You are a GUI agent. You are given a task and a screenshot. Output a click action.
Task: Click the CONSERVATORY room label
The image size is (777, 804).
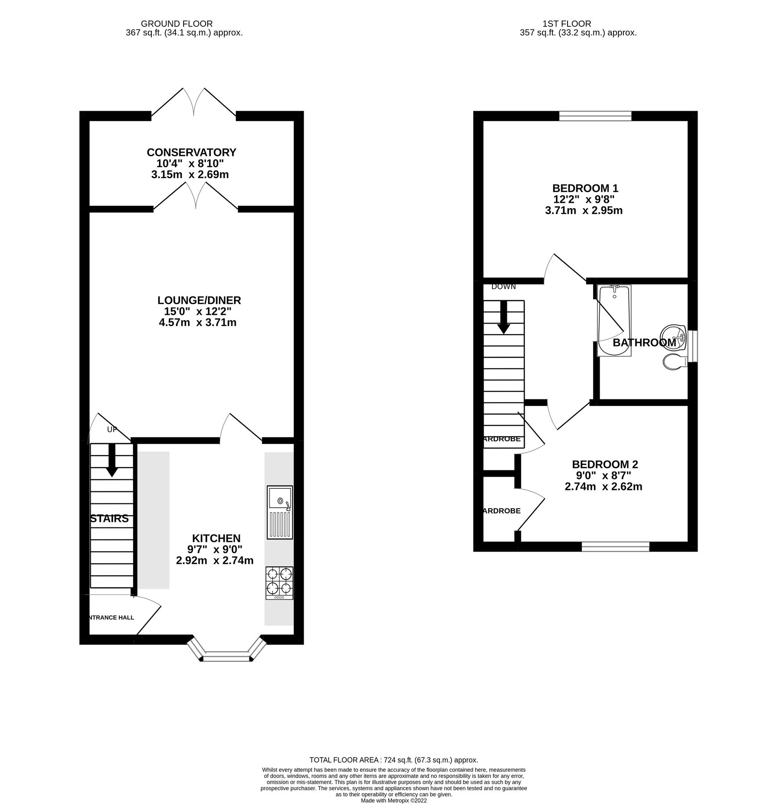[x=191, y=152]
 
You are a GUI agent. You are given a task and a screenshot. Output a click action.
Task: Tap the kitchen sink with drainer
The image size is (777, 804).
[x=280, y=512]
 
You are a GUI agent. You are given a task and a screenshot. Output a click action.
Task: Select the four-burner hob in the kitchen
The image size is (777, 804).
[x=280, y=582]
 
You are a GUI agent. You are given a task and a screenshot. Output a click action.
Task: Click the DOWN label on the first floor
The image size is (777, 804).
[x=503, y=287]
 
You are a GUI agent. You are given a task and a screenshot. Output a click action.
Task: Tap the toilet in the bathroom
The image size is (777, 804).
[x=675, y=362]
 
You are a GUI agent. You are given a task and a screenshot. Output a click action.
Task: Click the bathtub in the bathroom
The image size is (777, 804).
[x=614, y=321]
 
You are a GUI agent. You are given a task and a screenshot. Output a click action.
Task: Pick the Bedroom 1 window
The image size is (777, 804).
[x=595, y=116]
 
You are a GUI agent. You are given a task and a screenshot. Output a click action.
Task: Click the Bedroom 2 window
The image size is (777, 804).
[x=615, y=546]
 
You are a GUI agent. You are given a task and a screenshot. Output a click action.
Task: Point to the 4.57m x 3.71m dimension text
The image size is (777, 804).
[x=197, y=322]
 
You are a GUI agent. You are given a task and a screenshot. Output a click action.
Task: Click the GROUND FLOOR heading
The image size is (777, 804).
[x=176, y=24]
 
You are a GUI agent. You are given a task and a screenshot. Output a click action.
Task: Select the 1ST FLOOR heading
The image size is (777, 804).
[x=567, y=24]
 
